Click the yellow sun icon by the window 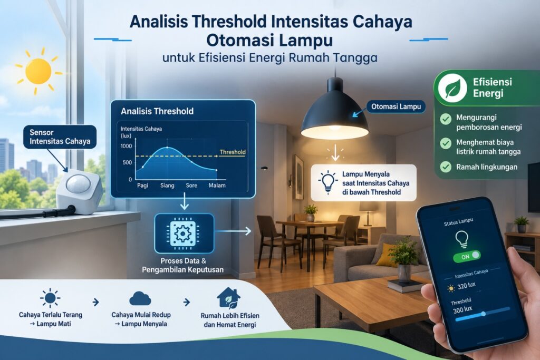coord(38,71)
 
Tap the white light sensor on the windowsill coord(80,190)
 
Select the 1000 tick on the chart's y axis coord(126,146)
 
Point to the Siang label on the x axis coord(167,186)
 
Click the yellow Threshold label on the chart coord(233,152)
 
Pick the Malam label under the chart coord(217,186)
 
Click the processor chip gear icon coord(183,233)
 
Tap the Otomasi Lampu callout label coord(396,106)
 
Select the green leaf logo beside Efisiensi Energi coord(452,88)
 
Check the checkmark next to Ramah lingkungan coord(446,167)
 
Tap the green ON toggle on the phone coord(467,256)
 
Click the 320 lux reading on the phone coord(466,286)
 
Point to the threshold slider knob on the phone coord(484,314)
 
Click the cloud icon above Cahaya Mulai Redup coord(140,298)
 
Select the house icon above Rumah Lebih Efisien coord(228,298)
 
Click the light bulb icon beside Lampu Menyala coord(327,182)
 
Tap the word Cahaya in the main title coord(382,21)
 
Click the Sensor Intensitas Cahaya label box coord(60,137)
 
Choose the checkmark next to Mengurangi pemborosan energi coord(446,119)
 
